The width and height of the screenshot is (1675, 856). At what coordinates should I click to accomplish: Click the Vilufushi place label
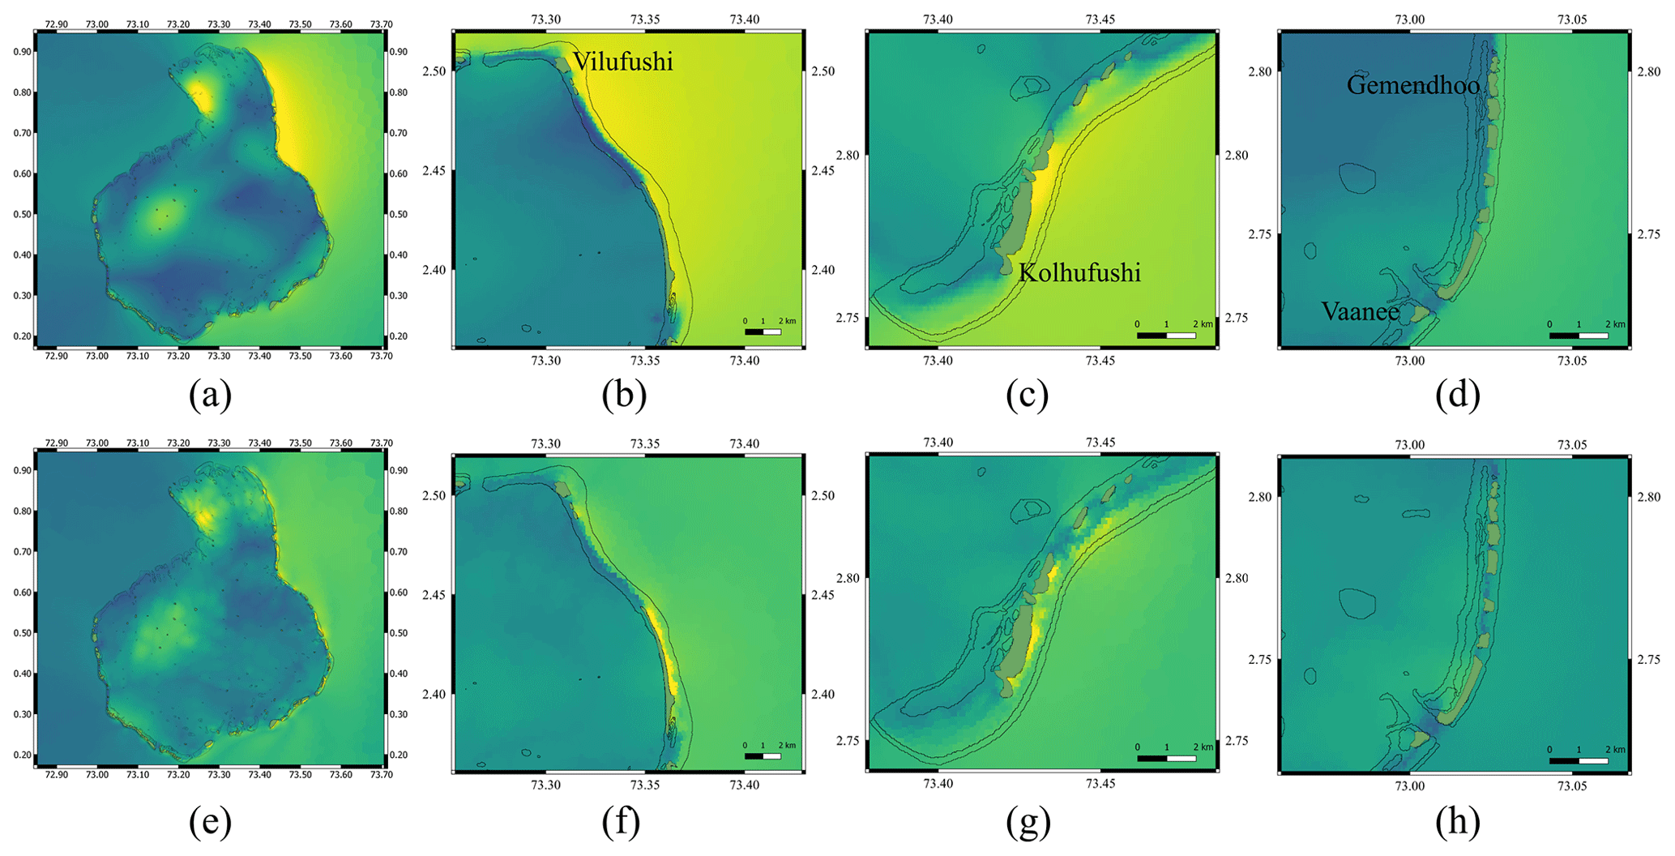pos(622,62)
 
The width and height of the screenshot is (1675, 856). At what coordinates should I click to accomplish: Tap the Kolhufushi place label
pos(1079,273)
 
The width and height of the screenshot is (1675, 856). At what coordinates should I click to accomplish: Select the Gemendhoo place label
pos(1412,85)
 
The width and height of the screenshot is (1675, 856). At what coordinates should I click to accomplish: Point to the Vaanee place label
pos(1360,311)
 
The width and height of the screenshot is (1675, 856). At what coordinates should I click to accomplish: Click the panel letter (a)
pos(210,395)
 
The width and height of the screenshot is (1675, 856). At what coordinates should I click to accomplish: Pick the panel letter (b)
pos(624,395)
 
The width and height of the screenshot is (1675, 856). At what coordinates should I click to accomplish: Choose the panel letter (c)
pos(1027,395)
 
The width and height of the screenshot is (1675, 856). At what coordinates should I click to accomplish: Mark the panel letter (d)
pos(1457,395)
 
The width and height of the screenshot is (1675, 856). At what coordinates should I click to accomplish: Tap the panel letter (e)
pos(210,822)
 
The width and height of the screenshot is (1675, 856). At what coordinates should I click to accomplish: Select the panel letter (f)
pos(622,822)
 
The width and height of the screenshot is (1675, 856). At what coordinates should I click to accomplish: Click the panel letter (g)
pos(1028,822)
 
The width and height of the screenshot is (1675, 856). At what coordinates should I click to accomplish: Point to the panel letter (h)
pos(1457,822)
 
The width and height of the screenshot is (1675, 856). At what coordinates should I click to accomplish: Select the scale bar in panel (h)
pos(1579,760)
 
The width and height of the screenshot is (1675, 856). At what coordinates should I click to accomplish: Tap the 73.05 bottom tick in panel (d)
pos(1572,361)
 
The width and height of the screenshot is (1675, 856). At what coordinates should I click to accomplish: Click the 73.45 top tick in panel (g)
pos(1100,443)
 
